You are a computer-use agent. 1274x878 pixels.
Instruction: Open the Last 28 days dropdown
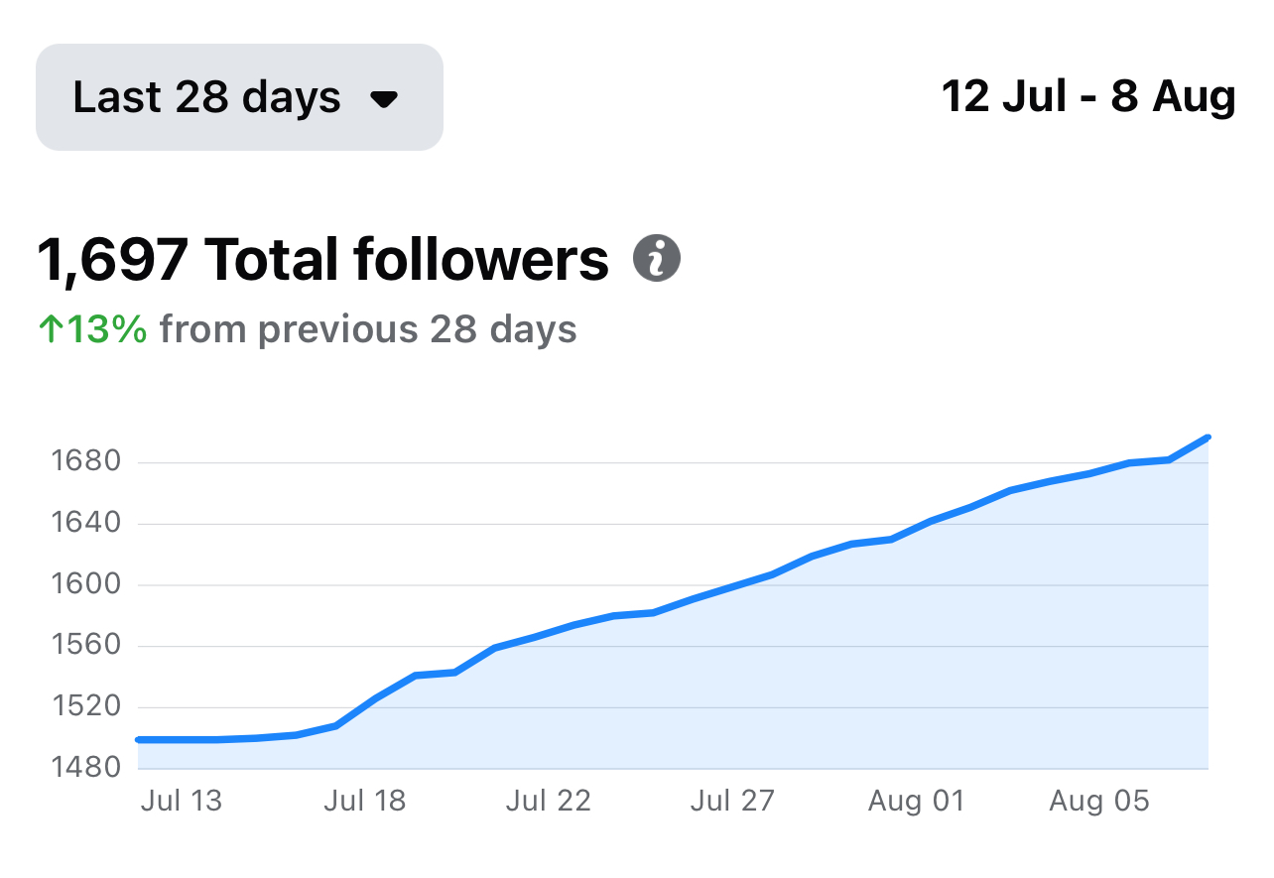click(x=238, y=97)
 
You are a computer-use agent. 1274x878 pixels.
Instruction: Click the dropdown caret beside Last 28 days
click(x=383, y=98)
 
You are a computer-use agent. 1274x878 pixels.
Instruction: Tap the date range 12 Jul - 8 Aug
click(x=1087, y=97)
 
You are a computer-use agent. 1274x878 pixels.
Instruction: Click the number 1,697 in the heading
click(x=111, y=260)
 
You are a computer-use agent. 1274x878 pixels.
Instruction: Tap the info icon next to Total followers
click(x=656, y=260)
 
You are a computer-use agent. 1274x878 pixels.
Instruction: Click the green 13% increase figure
click(x=93, y=329)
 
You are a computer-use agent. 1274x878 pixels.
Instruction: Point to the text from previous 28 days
click(x=368, y=329)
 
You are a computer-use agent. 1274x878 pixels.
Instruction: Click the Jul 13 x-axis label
click(x=182, y=801)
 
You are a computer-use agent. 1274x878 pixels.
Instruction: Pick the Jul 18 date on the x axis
click(x=364, y=801)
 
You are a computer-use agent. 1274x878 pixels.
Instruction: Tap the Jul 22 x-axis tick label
click(x=548, y=801)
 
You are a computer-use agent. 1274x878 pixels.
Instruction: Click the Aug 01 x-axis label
click(x=916, y=801)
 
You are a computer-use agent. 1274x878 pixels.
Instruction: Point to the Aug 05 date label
click(x=1098, y=801)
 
